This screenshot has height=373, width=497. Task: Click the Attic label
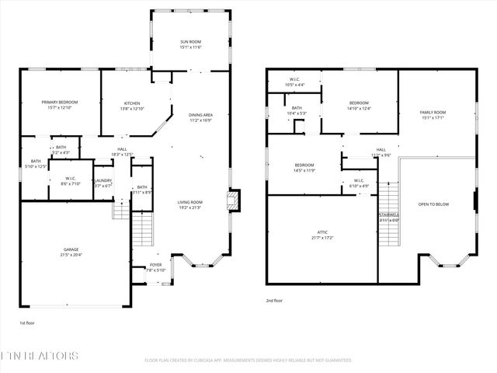(322, 233)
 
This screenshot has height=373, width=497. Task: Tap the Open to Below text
(433, 204)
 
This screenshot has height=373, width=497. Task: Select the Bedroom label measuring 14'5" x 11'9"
(304, 167)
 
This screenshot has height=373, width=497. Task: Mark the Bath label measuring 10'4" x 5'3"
(297, 110)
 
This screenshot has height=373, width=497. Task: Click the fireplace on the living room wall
(232, 200)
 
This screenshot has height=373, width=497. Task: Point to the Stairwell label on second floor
(388, 217)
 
